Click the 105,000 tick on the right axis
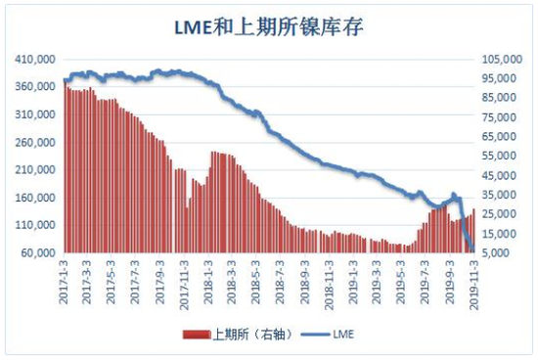click(501, 60)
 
